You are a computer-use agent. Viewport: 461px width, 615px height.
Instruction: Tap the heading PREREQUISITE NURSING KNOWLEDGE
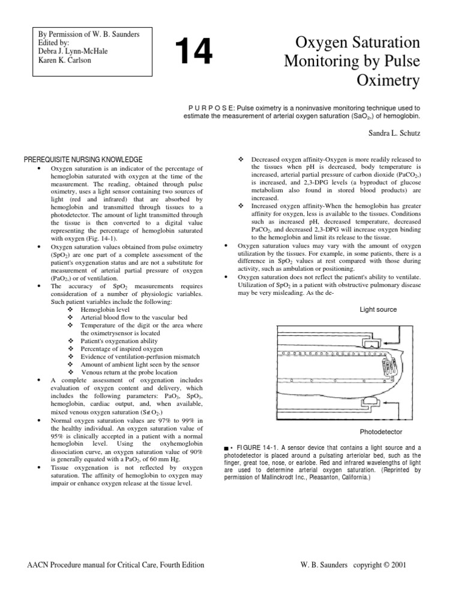[x=83, y=160]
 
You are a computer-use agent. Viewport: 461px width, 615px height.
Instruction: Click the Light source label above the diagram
[x=378, y=309]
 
